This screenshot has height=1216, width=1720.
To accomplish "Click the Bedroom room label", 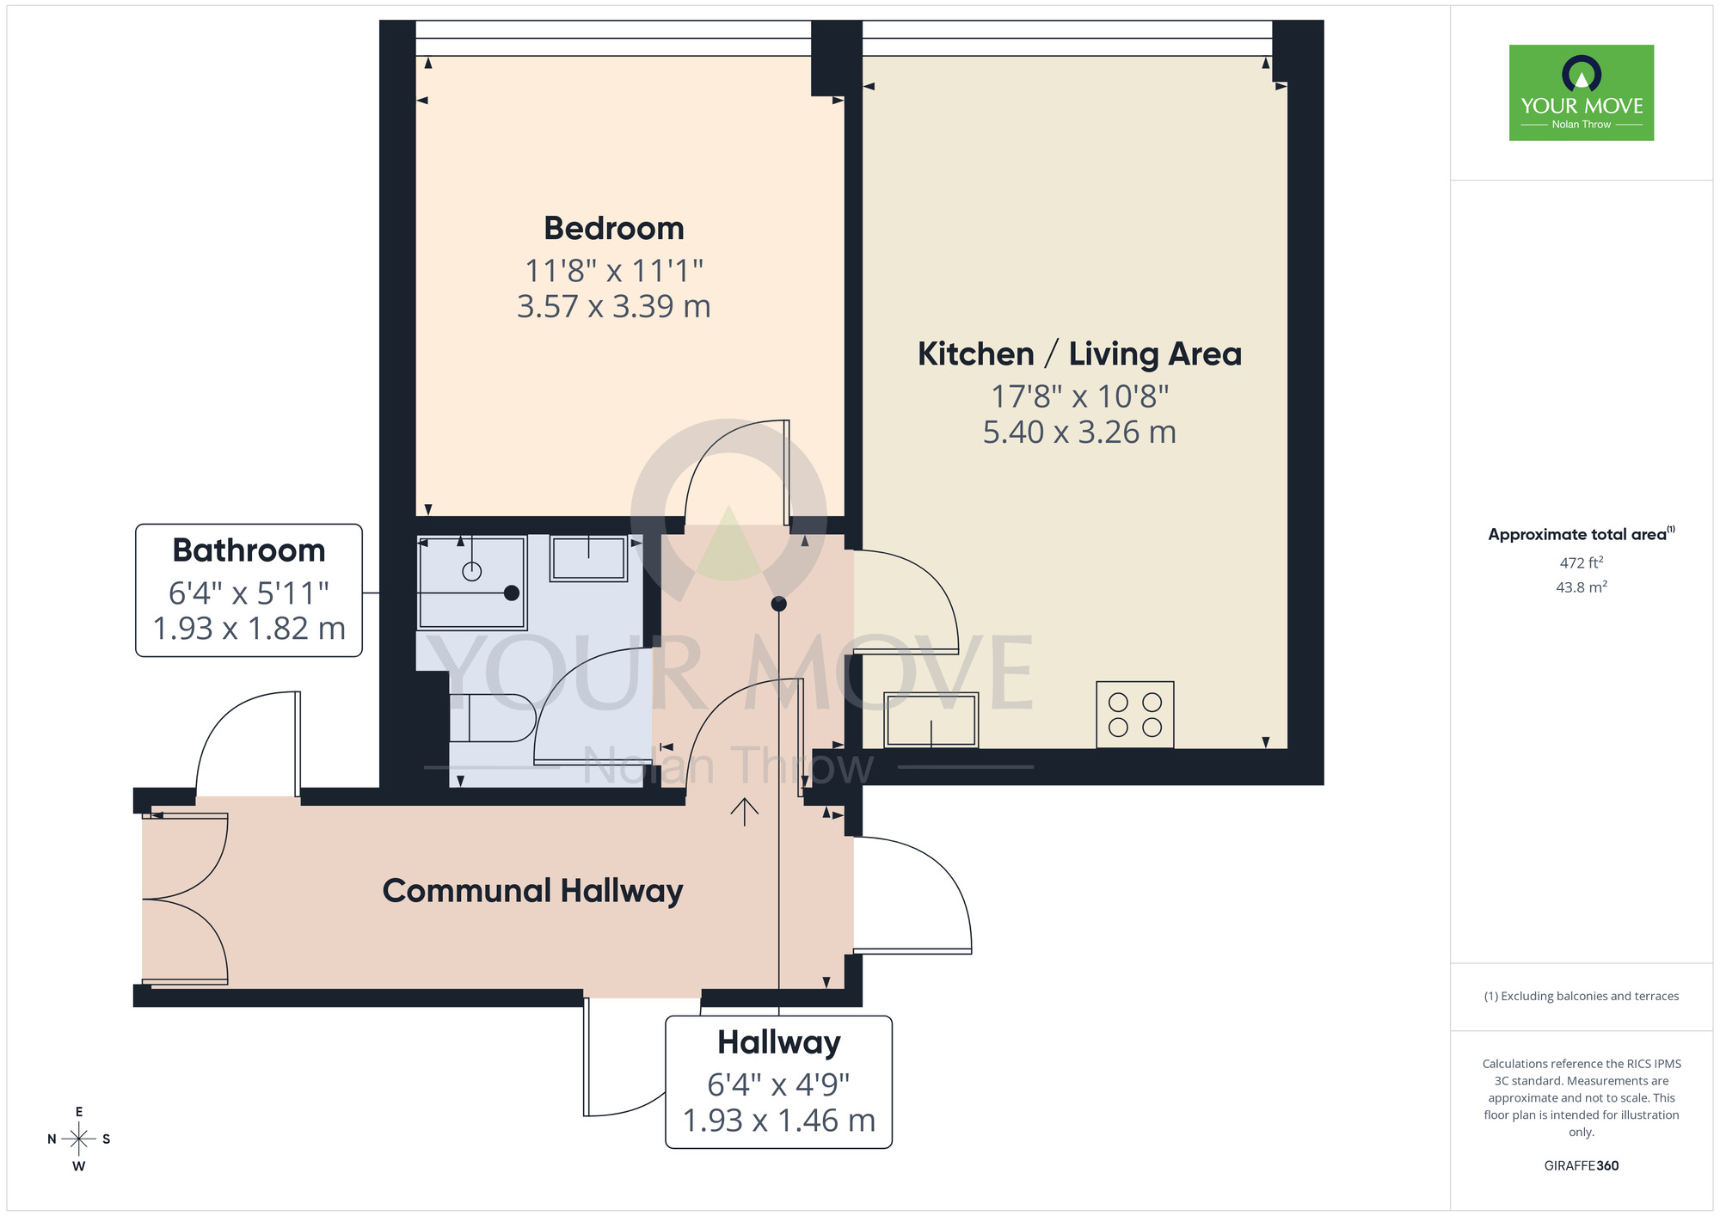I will point(614,229).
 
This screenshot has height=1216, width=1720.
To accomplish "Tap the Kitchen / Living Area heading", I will point(1079,354).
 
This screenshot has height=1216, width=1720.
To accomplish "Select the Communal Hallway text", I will point(532,891).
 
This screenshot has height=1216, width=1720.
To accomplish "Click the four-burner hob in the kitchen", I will point(1134,715).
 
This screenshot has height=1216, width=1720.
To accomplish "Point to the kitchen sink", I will point(931,720).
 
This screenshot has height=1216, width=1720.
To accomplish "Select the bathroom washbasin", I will point(589,558).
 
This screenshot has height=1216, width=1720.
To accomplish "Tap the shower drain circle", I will point(471,571).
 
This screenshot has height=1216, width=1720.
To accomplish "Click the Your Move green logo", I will point(1581,93).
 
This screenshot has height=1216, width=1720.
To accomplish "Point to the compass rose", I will point(78,1139).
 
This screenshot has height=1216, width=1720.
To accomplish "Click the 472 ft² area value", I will point(1581,562).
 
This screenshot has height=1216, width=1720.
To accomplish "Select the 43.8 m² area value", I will point(1581,587).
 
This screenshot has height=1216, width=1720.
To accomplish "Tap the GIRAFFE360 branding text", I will point(1581,1166).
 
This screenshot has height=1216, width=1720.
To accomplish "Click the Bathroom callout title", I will point(249,550).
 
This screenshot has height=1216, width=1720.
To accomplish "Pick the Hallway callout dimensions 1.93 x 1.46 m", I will point(778,1121).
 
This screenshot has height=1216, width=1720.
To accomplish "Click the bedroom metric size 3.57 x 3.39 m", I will point(614,307).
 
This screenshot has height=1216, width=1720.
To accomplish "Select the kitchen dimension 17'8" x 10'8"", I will point(1079,396).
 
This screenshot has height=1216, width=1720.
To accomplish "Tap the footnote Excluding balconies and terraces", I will point(1581,997).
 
